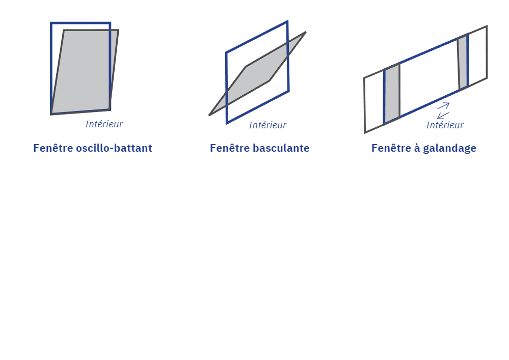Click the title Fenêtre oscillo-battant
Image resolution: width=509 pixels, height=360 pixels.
click(x=92, y=148)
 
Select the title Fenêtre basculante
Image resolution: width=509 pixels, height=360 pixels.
click(x=259, y=148)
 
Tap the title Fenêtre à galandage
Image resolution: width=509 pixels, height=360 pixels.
click(x=423, y=148)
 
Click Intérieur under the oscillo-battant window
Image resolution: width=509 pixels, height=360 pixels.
click(x=103, y=124)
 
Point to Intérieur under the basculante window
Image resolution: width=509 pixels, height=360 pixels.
click(x=267, y=125)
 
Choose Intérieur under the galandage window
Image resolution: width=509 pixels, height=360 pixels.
click(x=444, y=125)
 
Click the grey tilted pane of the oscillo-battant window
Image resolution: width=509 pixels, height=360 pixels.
click(x=84, y=71)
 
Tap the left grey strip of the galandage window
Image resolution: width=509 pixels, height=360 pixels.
click(x=391, y=94)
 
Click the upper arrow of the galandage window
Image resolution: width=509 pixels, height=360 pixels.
click(x=443, y=106)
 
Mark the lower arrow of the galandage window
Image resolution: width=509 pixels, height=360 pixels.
click(x=443, y=115)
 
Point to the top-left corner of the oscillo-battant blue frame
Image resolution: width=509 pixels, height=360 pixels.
click(x=51, y=23)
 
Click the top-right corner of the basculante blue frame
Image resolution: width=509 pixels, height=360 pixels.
click(x=287, y=21)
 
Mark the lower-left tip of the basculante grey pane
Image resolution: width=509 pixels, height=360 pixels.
click(x=209, y=115)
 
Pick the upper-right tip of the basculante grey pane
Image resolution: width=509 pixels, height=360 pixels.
click(x=305, y=33)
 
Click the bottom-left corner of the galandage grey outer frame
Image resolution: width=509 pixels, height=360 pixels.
click(x=365, y=133)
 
